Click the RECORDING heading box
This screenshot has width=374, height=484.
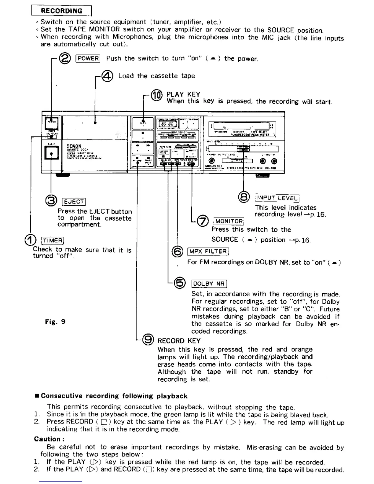[61, 11]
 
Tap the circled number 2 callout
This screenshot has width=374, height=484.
[65, 58]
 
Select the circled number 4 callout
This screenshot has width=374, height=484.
[108, 76]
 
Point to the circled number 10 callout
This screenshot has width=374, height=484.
[156, 95]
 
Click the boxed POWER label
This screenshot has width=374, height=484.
[88, 58]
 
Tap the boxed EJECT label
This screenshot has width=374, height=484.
[74, 202]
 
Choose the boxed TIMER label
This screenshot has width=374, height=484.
[53, 240]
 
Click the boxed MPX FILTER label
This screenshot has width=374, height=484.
[208, 251]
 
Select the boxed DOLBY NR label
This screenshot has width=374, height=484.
[209, 284]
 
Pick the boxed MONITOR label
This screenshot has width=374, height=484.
[229, 221]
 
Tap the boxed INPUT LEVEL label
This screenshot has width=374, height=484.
[277, 198]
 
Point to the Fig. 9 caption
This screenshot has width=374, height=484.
[55, 321]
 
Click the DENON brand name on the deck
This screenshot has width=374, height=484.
[74, 146]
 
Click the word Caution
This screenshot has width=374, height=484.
[49, 439]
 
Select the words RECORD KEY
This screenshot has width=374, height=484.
[179, 341]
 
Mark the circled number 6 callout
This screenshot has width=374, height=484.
[178, 251]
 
